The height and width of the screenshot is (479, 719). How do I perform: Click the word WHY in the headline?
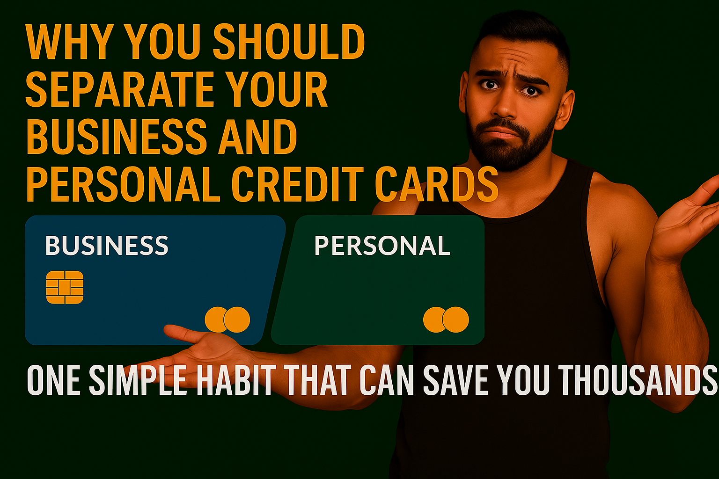70,42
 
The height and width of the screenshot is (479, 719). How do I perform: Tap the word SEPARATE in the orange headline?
120,89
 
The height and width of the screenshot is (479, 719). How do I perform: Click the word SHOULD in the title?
289,42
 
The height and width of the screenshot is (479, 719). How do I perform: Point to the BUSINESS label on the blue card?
107,246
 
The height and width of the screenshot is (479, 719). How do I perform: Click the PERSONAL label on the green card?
382,246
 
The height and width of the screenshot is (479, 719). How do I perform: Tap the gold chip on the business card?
65,287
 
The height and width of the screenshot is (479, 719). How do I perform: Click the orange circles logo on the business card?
227,319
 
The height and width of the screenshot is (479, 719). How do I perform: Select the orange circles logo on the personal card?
446,319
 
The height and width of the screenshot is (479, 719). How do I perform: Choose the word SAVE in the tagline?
456,380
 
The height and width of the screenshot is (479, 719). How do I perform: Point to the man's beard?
510,145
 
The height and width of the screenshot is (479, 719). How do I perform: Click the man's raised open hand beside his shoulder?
687,218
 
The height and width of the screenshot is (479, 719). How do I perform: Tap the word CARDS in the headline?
437,184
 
